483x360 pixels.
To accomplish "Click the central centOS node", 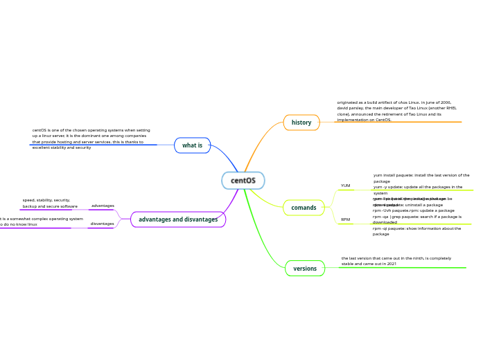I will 243,181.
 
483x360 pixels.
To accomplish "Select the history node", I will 301,123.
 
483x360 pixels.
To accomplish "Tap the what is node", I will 192,145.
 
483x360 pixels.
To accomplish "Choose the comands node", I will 304,208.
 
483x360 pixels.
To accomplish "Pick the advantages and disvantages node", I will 178,219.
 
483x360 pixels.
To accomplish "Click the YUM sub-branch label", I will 345,186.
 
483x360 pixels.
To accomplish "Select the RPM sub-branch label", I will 345,219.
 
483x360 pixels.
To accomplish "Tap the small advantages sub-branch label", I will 103,206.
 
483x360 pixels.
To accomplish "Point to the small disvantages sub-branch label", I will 102,224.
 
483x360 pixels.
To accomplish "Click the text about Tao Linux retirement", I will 397,111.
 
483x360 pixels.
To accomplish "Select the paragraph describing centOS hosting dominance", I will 91,138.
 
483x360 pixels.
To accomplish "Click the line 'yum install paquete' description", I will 421,178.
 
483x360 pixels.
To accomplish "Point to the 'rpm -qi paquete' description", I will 416,231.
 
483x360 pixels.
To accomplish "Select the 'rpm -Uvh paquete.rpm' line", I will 414,210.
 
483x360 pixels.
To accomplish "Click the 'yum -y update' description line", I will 418,190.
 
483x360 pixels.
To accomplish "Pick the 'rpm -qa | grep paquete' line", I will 416,219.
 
